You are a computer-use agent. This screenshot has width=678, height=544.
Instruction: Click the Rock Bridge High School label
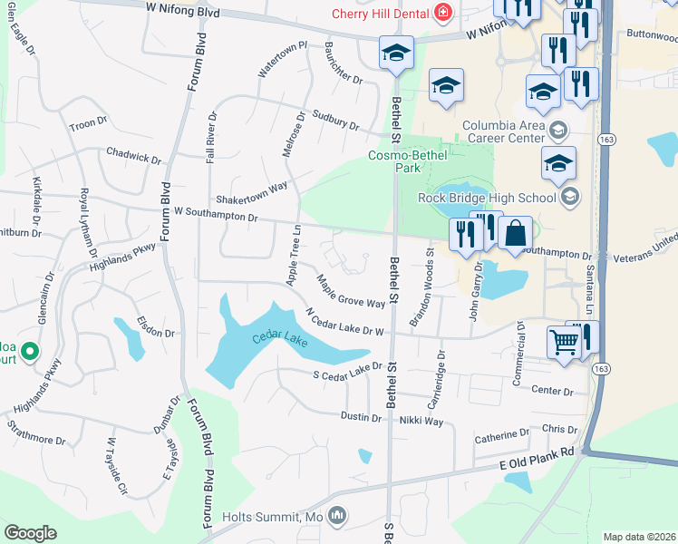coord(487,198)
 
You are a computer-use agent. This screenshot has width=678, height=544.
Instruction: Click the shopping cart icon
coord(564,344)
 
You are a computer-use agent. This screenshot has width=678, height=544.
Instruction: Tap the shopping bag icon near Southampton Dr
coord(514,233)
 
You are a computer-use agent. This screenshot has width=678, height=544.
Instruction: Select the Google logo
coord(30,533)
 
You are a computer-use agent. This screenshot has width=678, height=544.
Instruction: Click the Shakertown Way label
coord(250,192)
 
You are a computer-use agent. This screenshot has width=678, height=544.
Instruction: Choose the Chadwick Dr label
coord(132,155)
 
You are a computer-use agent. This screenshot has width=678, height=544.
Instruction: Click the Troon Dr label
coord(88,121)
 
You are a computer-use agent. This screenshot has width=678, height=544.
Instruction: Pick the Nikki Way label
coord(421,421)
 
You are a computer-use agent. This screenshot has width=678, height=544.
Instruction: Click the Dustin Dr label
coord(361,417)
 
